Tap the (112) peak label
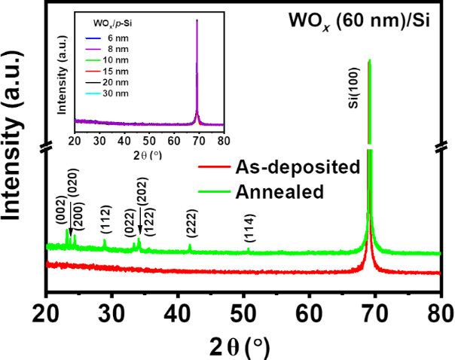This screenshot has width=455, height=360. (x=105, y=224)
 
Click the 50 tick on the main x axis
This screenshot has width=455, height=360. (x=243, y=310)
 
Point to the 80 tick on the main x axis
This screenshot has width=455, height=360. (x=440, y=310)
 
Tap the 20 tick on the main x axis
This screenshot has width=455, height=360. (x=47, y=310)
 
